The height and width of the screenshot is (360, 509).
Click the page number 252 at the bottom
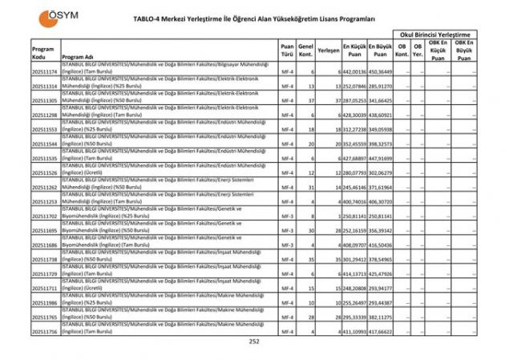coord(254,342)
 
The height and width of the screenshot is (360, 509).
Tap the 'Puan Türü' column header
coord(287,51)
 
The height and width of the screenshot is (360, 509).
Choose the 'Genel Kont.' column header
coord(305,51)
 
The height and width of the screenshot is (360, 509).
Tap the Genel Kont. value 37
coord(309,101)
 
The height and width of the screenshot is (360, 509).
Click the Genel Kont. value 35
coord(309,260)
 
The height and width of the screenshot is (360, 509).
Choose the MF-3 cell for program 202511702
coord(287,216)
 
